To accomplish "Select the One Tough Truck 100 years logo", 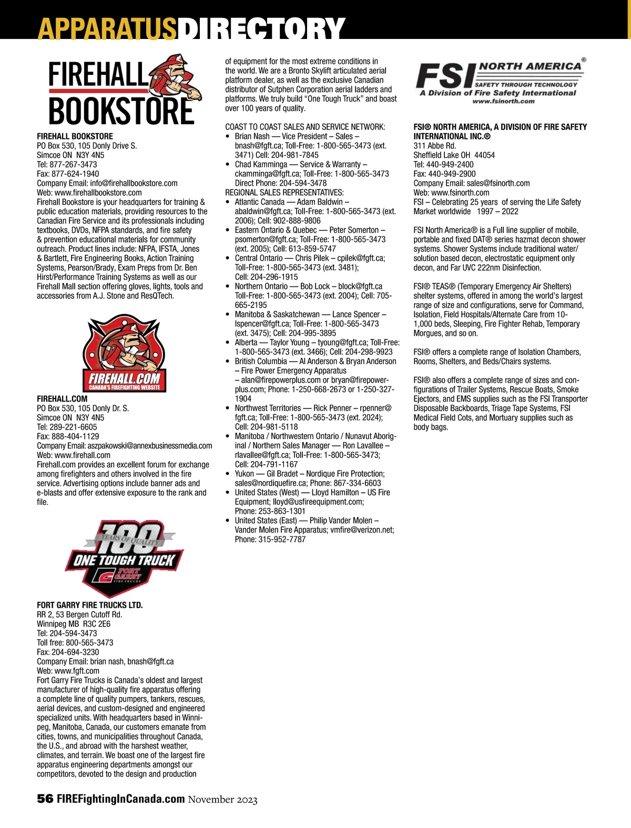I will pyautogui.click(x=124, y=557).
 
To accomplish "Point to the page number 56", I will pyautogui.click(x=45, y=799).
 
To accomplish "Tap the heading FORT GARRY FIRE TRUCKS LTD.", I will pyautogui.click(x=90, y=605).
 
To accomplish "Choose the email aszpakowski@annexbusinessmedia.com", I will pyautogui.click(x=151, y=446).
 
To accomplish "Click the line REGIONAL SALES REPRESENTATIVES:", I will pyautogui.click(x=284, y=193).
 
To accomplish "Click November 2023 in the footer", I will pyautogui.click(x=223, y=799).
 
